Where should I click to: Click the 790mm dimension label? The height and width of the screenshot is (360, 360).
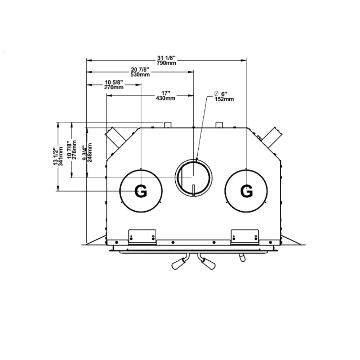(166, 63)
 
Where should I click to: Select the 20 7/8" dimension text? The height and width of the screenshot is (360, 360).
(140, 69)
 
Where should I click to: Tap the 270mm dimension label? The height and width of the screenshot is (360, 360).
(114, 87)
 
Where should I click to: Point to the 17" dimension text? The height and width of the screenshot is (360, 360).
(166, 93)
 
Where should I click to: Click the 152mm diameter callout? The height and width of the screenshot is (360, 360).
(224, 99)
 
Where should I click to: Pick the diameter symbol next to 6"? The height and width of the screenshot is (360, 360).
(216, 94)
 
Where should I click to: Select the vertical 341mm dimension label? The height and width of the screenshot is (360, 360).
(60, 156)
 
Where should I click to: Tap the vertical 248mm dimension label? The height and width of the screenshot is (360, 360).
(90, 153)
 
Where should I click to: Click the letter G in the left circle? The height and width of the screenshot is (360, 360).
(141, 191)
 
